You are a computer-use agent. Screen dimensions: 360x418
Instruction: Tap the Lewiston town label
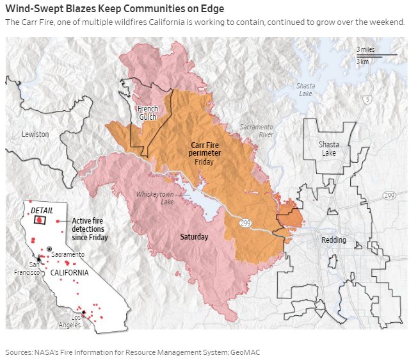coord(35,135)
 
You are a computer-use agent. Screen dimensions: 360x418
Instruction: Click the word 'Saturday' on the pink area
coord(194,237)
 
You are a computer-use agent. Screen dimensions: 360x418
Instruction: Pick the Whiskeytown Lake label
coord(155,198)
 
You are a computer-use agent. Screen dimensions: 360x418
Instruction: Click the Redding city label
coord(333,240)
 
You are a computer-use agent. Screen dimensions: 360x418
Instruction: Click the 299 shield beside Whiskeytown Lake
coord(245,223)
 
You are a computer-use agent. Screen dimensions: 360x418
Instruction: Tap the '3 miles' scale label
coord(366,49)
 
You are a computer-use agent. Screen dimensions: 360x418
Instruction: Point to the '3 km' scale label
coord(362,61)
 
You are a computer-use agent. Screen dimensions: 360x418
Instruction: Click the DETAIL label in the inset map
coord(42,211)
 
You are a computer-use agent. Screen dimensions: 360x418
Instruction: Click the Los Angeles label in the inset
coord(76,321)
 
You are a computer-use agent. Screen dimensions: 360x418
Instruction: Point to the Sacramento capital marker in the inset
coord(50,249)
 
